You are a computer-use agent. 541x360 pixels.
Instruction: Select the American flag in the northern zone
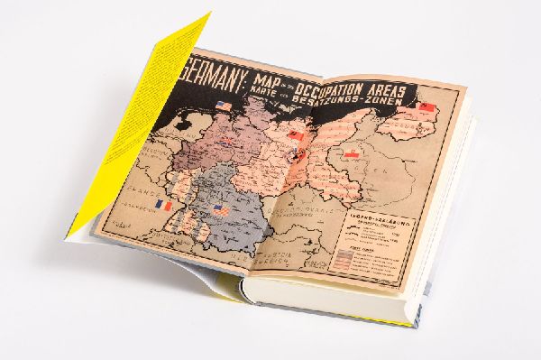pos(224,107)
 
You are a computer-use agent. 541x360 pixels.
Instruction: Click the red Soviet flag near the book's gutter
pos(295,136)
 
